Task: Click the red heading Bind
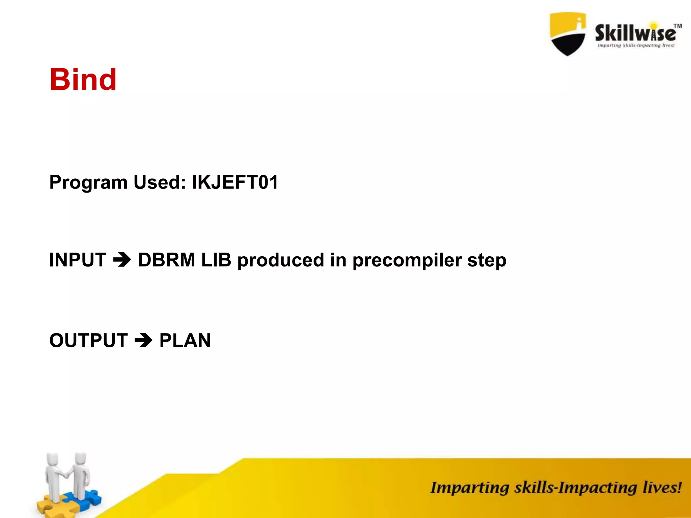tap(83, 80)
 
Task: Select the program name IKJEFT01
tap(235, 182)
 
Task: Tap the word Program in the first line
tap(88, 183)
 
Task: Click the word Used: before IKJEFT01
tap(160, 182)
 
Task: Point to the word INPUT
tap(78, 260)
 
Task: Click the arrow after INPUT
tap(122, 260)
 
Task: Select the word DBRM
tap(167, 260)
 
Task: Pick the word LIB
tap(216, 260)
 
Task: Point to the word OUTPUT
tap(88, 340)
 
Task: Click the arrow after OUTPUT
tap(143, 340)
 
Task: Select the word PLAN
tap(185, 340)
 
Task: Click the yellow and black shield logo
tap(568, 34)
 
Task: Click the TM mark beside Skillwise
tap(678, 26)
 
